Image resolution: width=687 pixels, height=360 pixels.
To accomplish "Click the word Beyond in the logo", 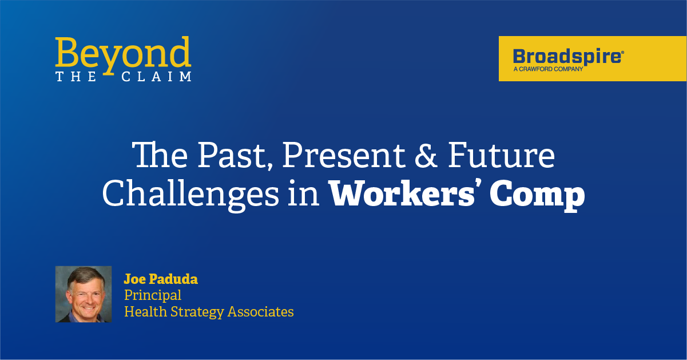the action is click(x=123, y=55).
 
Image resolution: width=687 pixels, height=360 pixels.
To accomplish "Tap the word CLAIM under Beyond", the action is click(x=156, y=77).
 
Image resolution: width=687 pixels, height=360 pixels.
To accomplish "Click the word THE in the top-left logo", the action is click(x=76, y=77).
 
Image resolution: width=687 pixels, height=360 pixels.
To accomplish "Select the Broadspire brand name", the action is click(x=569, y=57).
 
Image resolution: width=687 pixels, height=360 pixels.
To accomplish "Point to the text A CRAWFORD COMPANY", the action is click(x=549, y=69).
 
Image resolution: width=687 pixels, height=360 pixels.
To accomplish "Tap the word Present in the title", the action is click(x=343, y=155).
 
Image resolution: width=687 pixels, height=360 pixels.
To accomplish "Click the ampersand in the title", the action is click(x=426, y=155).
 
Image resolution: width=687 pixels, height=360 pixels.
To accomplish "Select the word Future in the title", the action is click(x=501, y=155).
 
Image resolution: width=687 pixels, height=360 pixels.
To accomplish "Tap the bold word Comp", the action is click(x=537, y=196).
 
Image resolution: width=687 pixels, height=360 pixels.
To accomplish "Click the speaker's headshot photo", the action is click(x=84, y=294).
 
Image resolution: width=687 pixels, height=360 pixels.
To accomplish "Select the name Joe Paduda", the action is click(x=161, y=279).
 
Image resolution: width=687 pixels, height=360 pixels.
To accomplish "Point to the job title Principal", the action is click(x=153, y=295).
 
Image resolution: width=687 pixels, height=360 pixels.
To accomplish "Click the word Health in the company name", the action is click(x=146, y=311).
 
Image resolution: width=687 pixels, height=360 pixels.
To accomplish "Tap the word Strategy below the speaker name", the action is click(x=197, y=312).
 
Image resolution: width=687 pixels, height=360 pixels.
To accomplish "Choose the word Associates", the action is click(x=260, y=311).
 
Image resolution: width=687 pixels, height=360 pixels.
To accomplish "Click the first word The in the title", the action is click(x=160, y=155).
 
